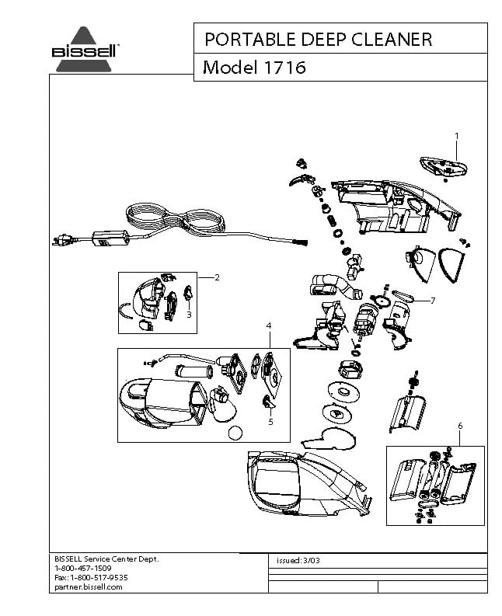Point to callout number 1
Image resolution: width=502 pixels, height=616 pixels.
pos(457,136)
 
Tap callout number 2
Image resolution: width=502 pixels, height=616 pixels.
pos(217,277)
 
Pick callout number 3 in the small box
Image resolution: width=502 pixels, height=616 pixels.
pos(189,315)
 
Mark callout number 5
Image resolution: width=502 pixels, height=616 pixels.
pos(270,422)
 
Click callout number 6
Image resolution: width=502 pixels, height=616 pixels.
pos(460,426)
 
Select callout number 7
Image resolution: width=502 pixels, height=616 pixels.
pos(433,300)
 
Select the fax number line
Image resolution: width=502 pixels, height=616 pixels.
pos(91,578)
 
